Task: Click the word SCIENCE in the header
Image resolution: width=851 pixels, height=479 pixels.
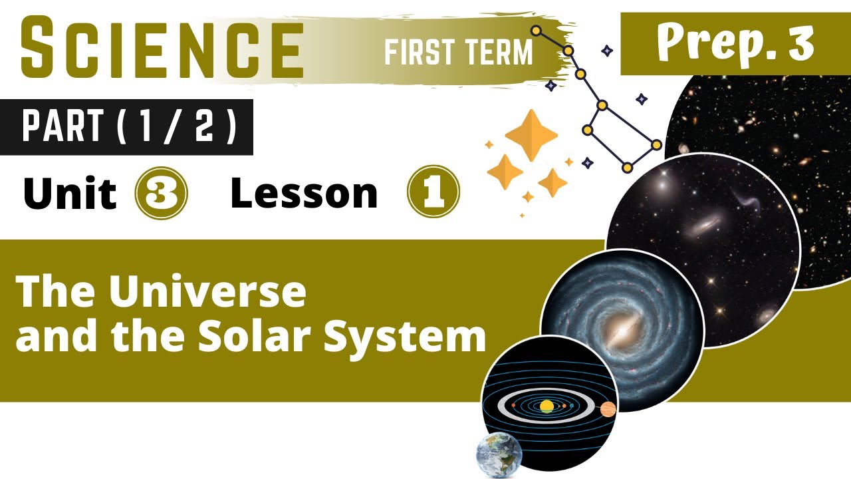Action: point(162,48)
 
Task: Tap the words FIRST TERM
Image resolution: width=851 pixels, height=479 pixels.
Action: point(459,52)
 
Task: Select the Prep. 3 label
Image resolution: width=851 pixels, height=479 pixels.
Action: point(735,44)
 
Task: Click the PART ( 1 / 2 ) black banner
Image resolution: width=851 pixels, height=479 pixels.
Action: point(130,127)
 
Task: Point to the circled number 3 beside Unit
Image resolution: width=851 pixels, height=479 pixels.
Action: point(161,193)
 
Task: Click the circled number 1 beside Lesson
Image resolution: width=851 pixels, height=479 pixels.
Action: point(433,192)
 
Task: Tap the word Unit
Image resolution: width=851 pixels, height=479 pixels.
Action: point(69,193)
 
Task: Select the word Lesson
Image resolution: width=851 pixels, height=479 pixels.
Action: point(304,193)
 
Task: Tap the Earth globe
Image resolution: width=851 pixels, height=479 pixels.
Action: point(499,455)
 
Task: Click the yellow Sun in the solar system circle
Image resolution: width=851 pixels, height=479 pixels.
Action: point(547,406)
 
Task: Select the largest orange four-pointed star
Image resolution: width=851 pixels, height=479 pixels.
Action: point(531,135)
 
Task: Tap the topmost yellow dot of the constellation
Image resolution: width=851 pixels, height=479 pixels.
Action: point(536,31)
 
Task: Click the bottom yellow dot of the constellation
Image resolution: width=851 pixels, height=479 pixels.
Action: point(626,168)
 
